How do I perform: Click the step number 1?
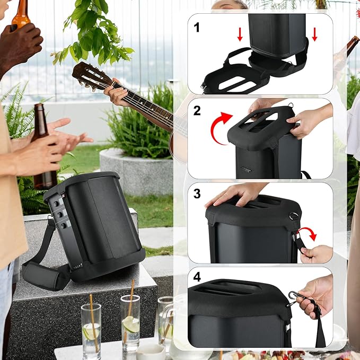[x=197, y=28]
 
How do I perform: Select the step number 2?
[x=197, y=110]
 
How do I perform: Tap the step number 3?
[x=197, y=194]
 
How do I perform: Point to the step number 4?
[x=197, y=277]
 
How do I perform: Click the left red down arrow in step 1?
[x=240, y=34]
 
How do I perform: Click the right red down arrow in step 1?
[x=314, y=34]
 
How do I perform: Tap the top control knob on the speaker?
[x=56, y=204]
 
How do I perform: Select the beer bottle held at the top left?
[x=21, y=14]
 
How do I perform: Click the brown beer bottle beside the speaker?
[x=43, y=147]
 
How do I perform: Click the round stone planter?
[x=136, y=171]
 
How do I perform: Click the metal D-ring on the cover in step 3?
[x=294, y=216]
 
